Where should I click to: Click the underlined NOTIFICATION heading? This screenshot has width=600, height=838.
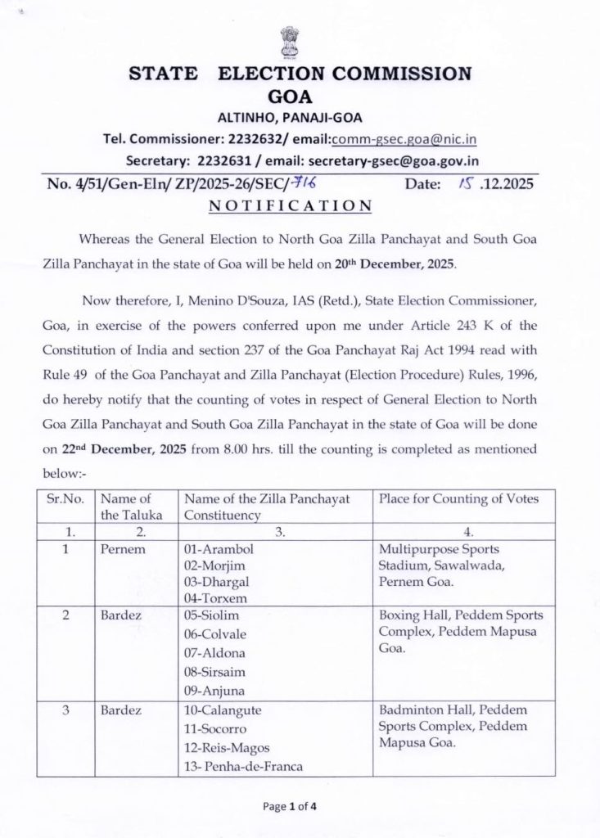290,206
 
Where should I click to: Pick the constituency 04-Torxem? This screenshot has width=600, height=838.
216,597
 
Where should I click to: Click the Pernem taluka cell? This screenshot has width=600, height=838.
123,548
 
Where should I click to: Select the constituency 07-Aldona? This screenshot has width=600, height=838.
215,653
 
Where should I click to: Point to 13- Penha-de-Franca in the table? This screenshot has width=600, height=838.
243,766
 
